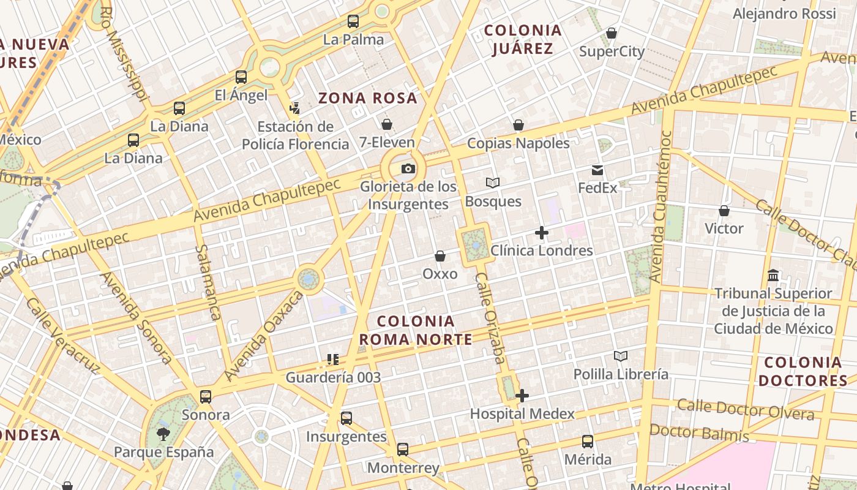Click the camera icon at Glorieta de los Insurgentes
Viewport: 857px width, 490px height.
tap(408, 169)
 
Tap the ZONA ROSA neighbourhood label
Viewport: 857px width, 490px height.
tap(368, 98)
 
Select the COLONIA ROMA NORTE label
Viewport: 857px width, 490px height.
tap(416, 330)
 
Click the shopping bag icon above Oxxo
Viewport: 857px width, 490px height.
tap(440, 256)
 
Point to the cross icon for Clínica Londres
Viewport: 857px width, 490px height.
tap(541, 233)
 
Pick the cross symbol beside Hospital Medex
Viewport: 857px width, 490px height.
tap(522, 396)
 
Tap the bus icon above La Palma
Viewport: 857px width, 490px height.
tap(353, 21)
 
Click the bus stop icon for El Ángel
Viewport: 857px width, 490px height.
tap(241, 77)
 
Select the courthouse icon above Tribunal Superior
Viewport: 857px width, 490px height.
tap(773, 276)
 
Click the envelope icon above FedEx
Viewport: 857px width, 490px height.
tap(597, 170)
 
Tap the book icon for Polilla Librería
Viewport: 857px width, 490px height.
tap(621, 356)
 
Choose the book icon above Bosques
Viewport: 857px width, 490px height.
tap(493, 183)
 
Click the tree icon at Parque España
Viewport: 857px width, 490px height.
tap(163, 434)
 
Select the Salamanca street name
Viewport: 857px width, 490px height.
tap(209, 282)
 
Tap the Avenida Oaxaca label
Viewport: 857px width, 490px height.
tap(263, 336)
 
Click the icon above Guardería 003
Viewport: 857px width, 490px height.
tap(333, 360)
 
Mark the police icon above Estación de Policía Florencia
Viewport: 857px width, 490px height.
tap(295, 108)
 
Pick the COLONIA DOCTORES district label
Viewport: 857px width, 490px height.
tap(803, 371)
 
